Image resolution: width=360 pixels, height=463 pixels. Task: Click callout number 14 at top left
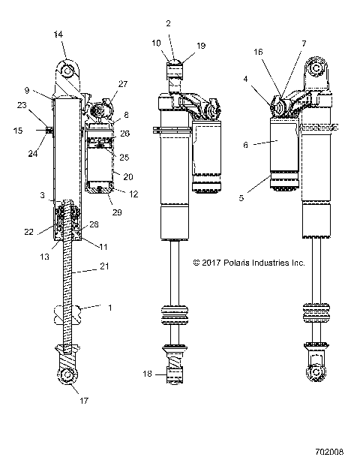coord(58,34)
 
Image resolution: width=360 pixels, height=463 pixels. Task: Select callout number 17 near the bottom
coord(83,401)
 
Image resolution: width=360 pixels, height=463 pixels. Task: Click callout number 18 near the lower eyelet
coord(147,373)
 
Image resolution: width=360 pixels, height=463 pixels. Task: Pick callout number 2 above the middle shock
coord(168,23)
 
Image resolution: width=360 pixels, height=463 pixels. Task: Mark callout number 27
coord(124,85)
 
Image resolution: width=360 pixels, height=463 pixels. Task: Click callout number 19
coord(200,45)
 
